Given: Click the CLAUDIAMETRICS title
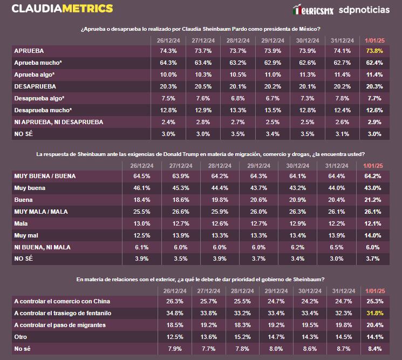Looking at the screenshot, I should tap(62, 9).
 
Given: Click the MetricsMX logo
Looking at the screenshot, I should tap(313, 10).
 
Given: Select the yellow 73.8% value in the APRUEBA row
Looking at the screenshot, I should tap(374, 50).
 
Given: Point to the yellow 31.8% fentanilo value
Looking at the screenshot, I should tap(374, 313).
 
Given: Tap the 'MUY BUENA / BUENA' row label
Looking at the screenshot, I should tap(44, 176).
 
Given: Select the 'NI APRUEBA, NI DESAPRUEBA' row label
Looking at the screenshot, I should tap(59, 122).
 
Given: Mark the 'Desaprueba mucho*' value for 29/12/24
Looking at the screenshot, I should tap(271, 110).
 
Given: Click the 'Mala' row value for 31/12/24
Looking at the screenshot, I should tap(337, 223).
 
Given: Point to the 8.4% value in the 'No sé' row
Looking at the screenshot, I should tap(374, 349).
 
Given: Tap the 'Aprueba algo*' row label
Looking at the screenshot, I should tap(35, 74).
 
